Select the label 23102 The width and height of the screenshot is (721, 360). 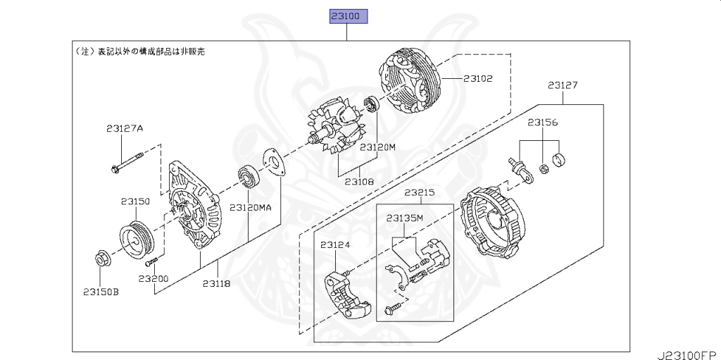pyautogui.click(x=478, y=79)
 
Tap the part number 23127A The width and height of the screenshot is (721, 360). pyautogui.click(x=125, y=128)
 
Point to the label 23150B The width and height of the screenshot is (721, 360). pyautogui.click(x=101, y=291)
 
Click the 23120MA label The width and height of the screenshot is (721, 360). pyautogui.click(x=249, y=208)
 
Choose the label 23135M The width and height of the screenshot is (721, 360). pyautogui.click(x=404, y=218)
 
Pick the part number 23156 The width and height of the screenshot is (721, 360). pyautogui.click(x=543, y=123)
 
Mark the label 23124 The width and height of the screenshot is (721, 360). pyautogui.click(x=335, y=245)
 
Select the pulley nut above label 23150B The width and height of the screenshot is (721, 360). pyautogui.click(x=100, y=259)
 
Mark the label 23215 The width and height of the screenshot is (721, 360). pyautogui.click(x=419, y=192)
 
